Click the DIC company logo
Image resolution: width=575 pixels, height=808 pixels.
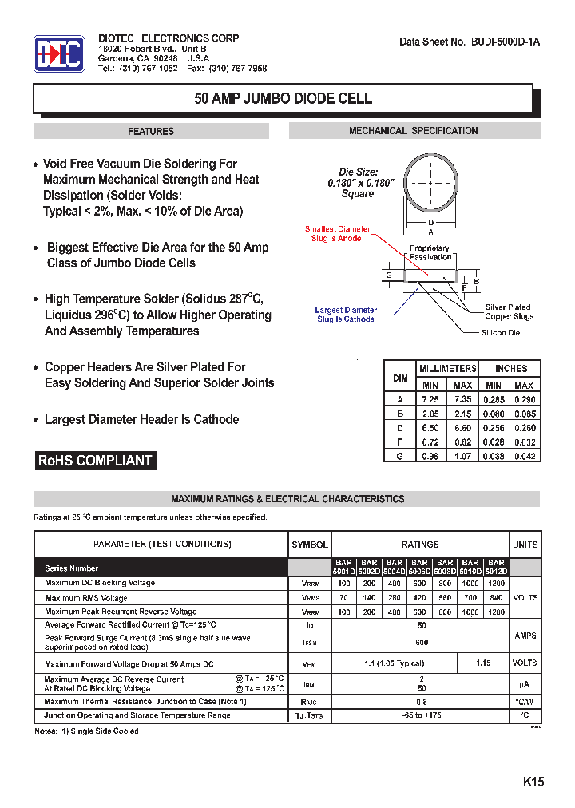(x=59, y=54)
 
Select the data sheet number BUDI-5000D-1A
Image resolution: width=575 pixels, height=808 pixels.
(x=470, y=42)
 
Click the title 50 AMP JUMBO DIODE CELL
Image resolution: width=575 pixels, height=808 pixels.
(x=284, y=99)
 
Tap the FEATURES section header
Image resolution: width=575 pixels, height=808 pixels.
(x=151, y=131)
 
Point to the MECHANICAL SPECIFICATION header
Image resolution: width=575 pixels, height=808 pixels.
(x=414, y=131)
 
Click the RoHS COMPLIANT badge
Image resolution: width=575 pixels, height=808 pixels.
(x=95, y=461)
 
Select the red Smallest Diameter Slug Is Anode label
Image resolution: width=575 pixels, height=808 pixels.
(x=338, y=234)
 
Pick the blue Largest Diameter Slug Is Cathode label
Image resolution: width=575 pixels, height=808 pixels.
(x=346, y=315)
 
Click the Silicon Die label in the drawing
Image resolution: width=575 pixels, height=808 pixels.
(x=500, y=332)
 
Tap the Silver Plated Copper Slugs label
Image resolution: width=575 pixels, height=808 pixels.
(x=509, y=311)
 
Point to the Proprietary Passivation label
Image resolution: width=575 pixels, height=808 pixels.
(x=430, y=252)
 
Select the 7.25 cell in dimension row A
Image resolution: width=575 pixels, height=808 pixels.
(x=430, y=399)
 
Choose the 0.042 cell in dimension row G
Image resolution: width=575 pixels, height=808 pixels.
(x=524, y=456)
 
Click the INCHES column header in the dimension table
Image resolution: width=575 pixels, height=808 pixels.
(x=510, y=368)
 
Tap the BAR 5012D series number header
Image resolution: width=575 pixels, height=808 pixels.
(x=496, y=567)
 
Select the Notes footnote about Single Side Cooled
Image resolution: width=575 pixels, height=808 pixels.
(x=86, y=731)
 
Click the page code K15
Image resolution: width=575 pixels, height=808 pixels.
(x=533, y=782)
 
